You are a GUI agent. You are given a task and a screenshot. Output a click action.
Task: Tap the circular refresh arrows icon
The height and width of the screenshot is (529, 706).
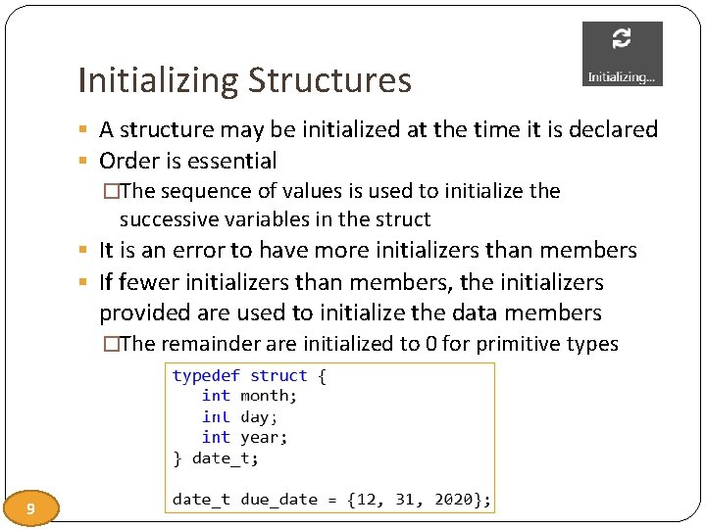(x=622, y=39)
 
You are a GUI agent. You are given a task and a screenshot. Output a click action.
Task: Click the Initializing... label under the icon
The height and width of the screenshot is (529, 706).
(x=622, y=76)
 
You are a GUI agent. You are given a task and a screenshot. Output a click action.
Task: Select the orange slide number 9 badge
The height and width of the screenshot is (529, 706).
(x=31, y=508)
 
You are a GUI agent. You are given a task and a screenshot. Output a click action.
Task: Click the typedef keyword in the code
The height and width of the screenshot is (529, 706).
(x=206, y=376)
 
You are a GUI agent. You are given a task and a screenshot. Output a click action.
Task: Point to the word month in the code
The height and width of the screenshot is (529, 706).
(x=268, y=396)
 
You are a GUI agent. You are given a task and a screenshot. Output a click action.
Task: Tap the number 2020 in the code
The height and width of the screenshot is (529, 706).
(x=450, y=500)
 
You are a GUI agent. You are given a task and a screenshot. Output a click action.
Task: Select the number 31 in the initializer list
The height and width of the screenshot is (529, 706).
(x=405, y=500)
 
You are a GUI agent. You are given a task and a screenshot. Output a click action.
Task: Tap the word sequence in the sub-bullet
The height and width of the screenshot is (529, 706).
(x=200, y=190)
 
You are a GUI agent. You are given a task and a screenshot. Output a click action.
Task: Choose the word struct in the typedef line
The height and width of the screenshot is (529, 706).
(x=278, y=376)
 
